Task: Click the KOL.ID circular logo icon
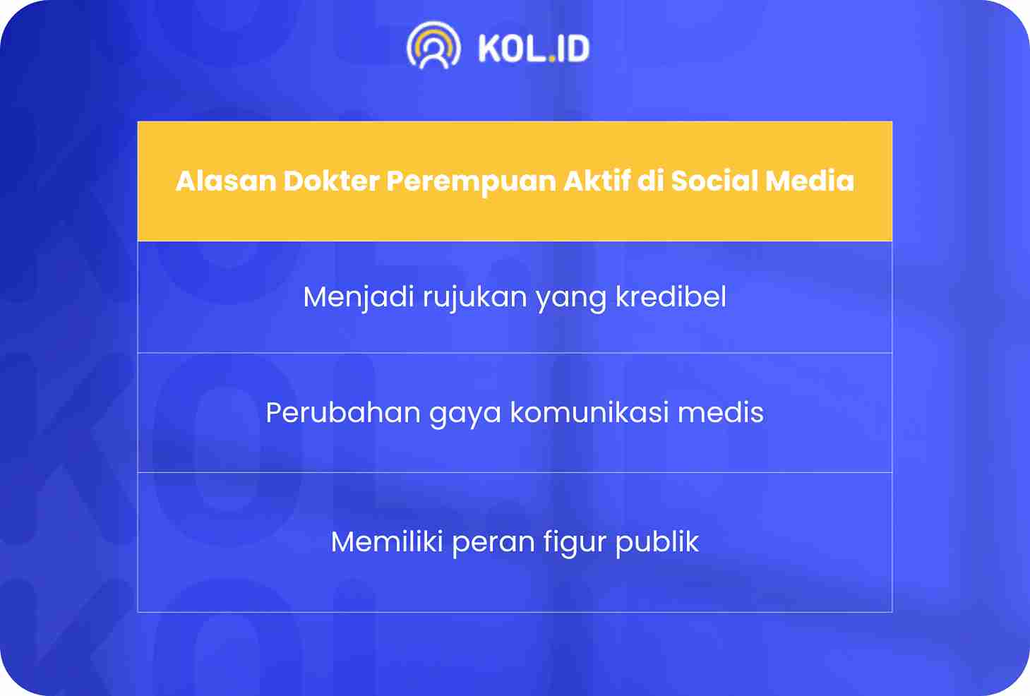coord(433,45)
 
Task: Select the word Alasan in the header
coord(226,181)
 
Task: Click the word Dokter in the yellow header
coord(331,181)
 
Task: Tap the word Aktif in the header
coord(597,181)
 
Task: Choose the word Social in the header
coord(714,181)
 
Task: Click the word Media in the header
coord(810,181)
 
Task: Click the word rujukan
coord(474,298)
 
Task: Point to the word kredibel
coord(671,296)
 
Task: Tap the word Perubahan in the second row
coord(343,412)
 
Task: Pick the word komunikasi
coord(589,412)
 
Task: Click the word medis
coord(721,412)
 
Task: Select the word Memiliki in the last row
coord(387,541)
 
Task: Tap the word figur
coord(575,544)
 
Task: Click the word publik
coord(657,544)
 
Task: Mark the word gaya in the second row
coord(465,414)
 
